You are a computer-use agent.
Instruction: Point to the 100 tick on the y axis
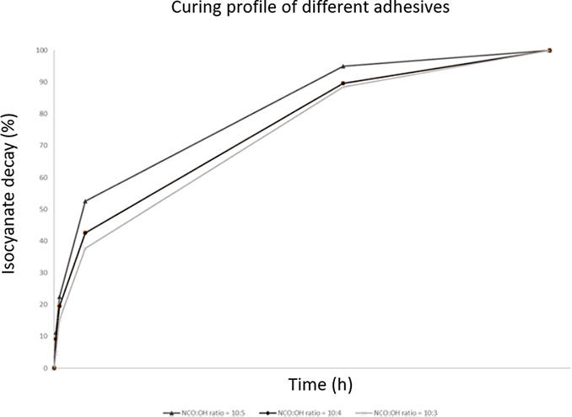[40, 51]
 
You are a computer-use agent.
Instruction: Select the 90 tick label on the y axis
[41, 83]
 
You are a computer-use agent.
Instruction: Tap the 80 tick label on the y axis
[41, 114]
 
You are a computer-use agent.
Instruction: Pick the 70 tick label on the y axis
[41, 146]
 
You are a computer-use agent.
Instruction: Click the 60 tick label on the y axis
[41, 178]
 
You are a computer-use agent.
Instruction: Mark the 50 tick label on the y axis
[41, 209]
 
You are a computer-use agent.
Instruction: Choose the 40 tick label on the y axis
[41, 241]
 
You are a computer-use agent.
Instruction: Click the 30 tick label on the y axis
[41, 273]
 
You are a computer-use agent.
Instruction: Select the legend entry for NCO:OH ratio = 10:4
[295, 410]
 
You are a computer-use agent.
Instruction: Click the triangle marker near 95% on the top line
[343, 66]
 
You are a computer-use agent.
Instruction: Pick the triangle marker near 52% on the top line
[85, 200]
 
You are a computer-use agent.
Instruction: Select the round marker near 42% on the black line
[85, 233]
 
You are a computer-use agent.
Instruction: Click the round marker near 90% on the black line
[343, 83]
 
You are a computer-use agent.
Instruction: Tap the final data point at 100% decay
[549, 51]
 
